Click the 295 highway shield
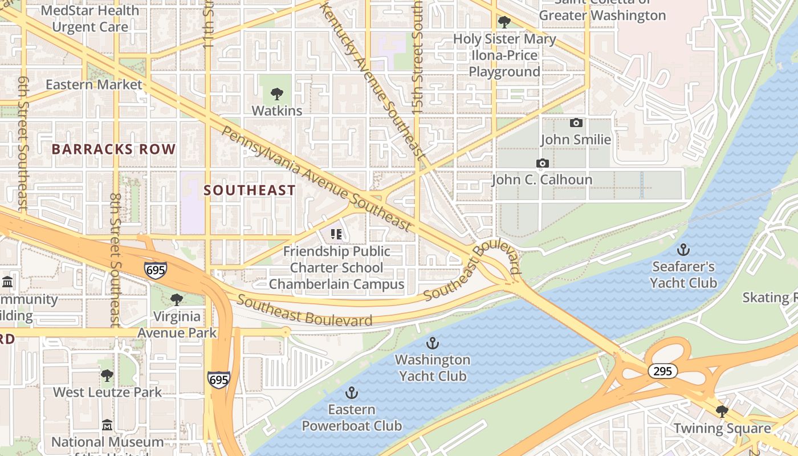click(x=662, y=371)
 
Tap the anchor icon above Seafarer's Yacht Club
click(x=683, y=250)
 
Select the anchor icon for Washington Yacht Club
click(x=433, y=343)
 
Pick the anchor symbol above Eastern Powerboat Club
click(x=352, y=393)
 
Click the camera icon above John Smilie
click(x=576, y=123)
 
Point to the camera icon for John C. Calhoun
click(x=542, y=164)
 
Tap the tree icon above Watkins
click(x=277, y=93)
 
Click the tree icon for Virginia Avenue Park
click(x=177, y=300)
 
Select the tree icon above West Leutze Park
click(x=107, y=376)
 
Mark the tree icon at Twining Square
click(x=722, y=412)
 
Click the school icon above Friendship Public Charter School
click(x=336, y=234)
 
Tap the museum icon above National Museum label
click(x=107, y=425)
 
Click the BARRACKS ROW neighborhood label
click(x=114, y=149)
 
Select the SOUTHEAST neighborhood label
click(x=250, y=190)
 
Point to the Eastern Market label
click(x=94, y=84)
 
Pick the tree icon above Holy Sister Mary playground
click(x=504, y=22)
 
